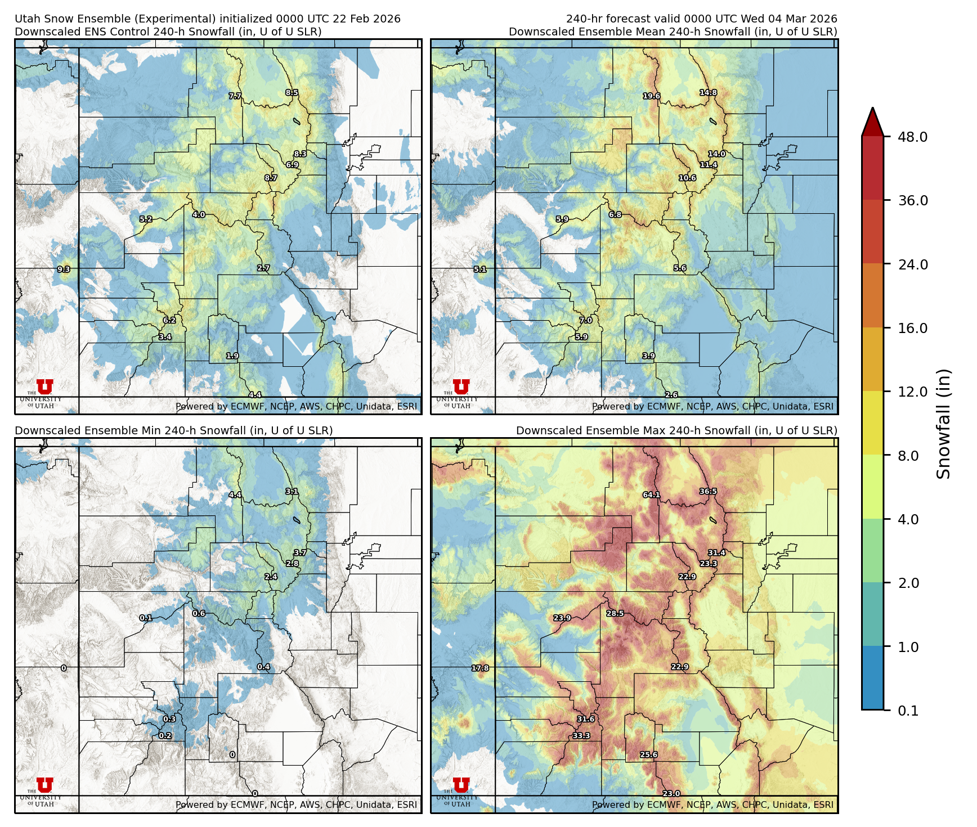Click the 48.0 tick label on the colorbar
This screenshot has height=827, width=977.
click(x=912, y=137)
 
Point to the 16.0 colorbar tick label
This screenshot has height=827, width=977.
click(x=912, y=328)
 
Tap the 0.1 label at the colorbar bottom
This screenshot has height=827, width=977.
click(x=908, y=711)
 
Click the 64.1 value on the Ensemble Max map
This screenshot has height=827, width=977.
click(x=651, y=495)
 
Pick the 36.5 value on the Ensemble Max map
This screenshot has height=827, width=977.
click(x=708, y=491)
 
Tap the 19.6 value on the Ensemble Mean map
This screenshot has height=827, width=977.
click(x=651, y=96)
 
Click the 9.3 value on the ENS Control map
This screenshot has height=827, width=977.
click(x=64, y=269)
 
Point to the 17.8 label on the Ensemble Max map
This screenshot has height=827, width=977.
click(x=480, y=668)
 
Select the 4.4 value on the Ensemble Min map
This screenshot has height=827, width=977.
click(x=235, y=495)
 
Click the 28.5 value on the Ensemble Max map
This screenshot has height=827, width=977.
click(x=615, y=613)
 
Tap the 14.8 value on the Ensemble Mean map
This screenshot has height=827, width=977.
click(x=708, y=93)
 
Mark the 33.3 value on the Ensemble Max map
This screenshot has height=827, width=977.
click(x=581, y=735)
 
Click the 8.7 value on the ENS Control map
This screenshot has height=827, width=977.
click(x=271, y=178)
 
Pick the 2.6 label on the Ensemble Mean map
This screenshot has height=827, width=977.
click(x=671, y=395)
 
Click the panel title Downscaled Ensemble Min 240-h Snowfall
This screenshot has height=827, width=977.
click(x=173, y=430)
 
